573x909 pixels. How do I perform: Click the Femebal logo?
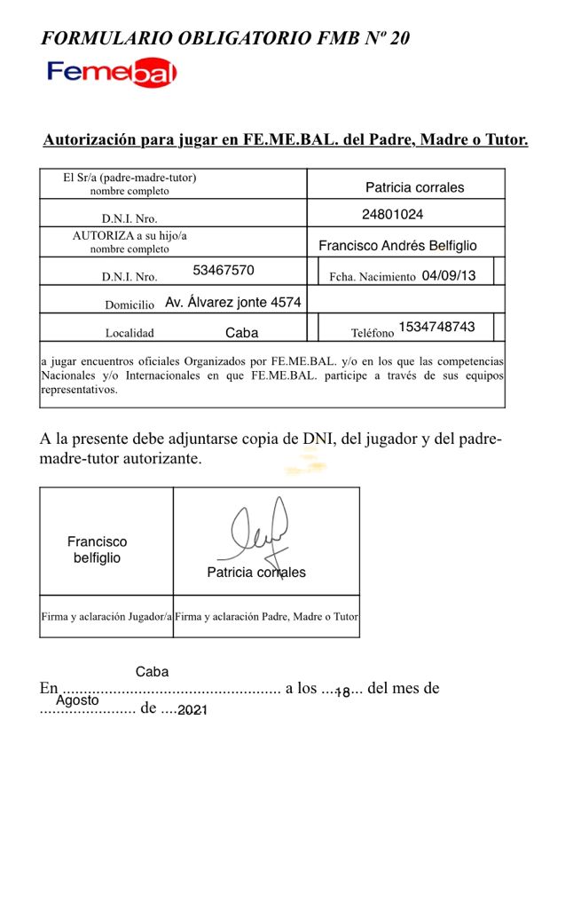pos(112,74)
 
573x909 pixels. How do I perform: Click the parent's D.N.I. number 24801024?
pos(393,214)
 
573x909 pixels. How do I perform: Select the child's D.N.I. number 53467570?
pos(224,270)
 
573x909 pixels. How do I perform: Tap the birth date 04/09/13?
pos(449,275)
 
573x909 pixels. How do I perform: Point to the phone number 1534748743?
pos(436,327)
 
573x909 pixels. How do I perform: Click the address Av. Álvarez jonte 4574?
pos(233,302)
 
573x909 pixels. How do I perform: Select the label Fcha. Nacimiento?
pos(372,277)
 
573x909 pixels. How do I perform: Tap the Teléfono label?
pos(373,334)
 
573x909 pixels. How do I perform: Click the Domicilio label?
pos(130,304)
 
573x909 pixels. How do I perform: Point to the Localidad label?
pos(130,334)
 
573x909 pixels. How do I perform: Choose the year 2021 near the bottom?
pos(192,710)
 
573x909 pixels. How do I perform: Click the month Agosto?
pos(77,700)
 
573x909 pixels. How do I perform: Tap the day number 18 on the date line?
pos(342,692)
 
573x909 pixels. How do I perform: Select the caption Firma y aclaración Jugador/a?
pos(106,616)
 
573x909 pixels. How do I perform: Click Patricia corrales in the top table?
pos(414,187)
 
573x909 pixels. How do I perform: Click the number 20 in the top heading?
pos(400,38)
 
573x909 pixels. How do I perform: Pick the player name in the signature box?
pos(97,549)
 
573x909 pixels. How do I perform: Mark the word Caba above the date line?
pos(152,672)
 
